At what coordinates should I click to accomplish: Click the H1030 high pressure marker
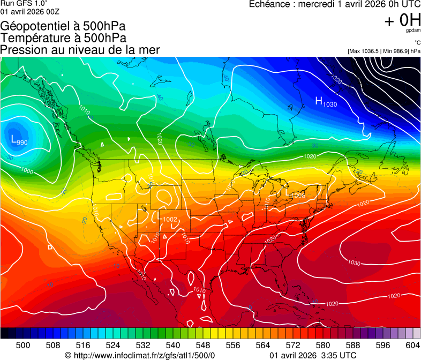click(326, 102)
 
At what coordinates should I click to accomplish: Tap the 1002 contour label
click(170, 219)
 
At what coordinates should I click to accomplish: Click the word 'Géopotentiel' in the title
click(34, 26)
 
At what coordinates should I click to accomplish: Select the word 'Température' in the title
click(34, 38)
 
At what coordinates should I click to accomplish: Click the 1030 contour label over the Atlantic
click(354, 262)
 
